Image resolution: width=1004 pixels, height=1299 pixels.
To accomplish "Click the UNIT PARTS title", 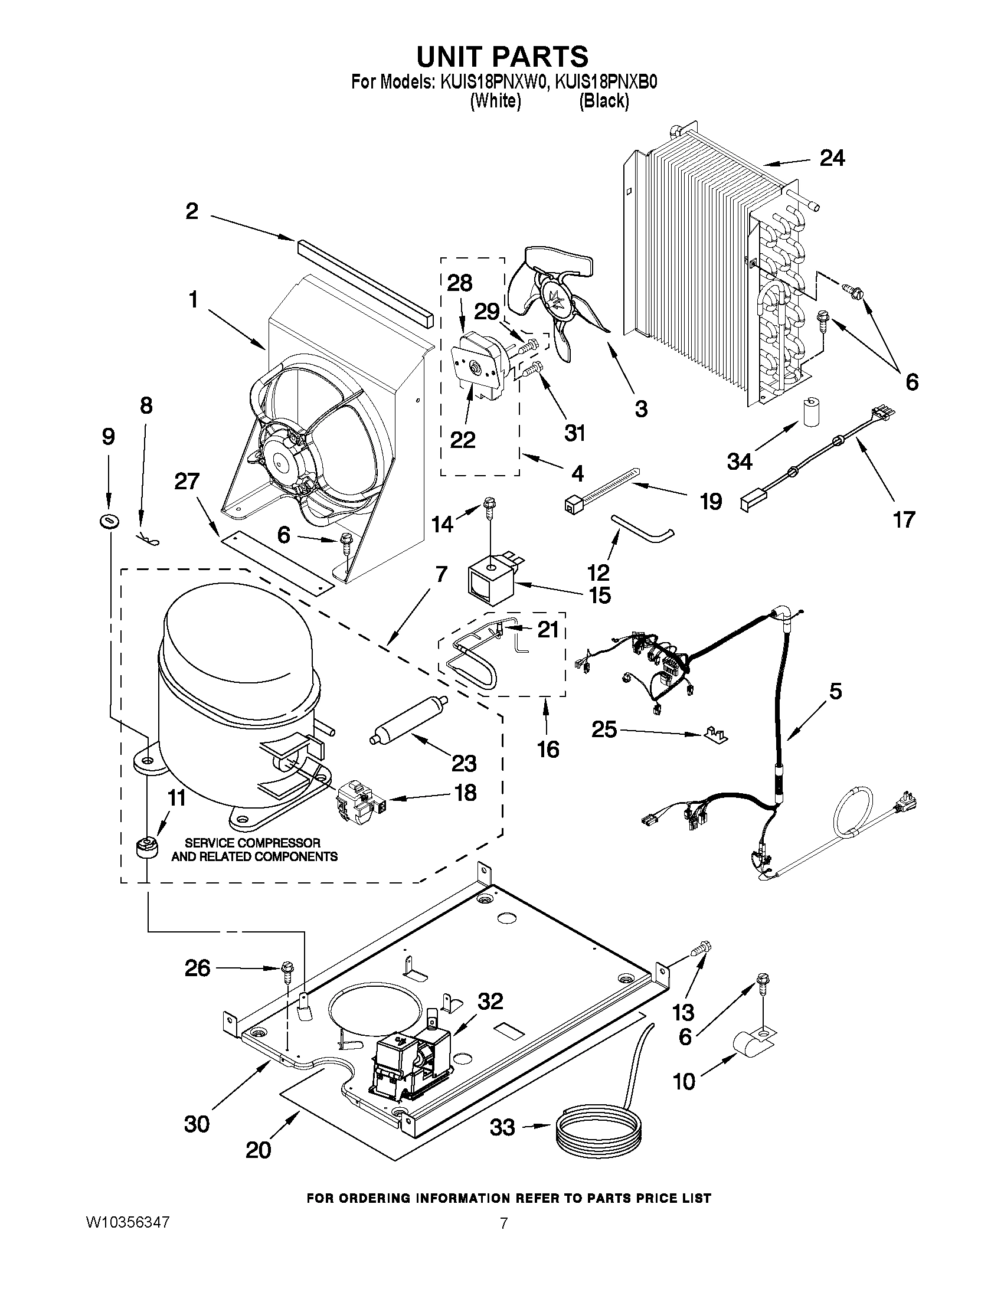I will [x=502, y=57].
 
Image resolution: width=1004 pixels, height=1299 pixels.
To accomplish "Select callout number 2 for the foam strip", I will [x=191, y=211].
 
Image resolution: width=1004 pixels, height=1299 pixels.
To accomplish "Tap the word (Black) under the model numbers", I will [x=604, y=101].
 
